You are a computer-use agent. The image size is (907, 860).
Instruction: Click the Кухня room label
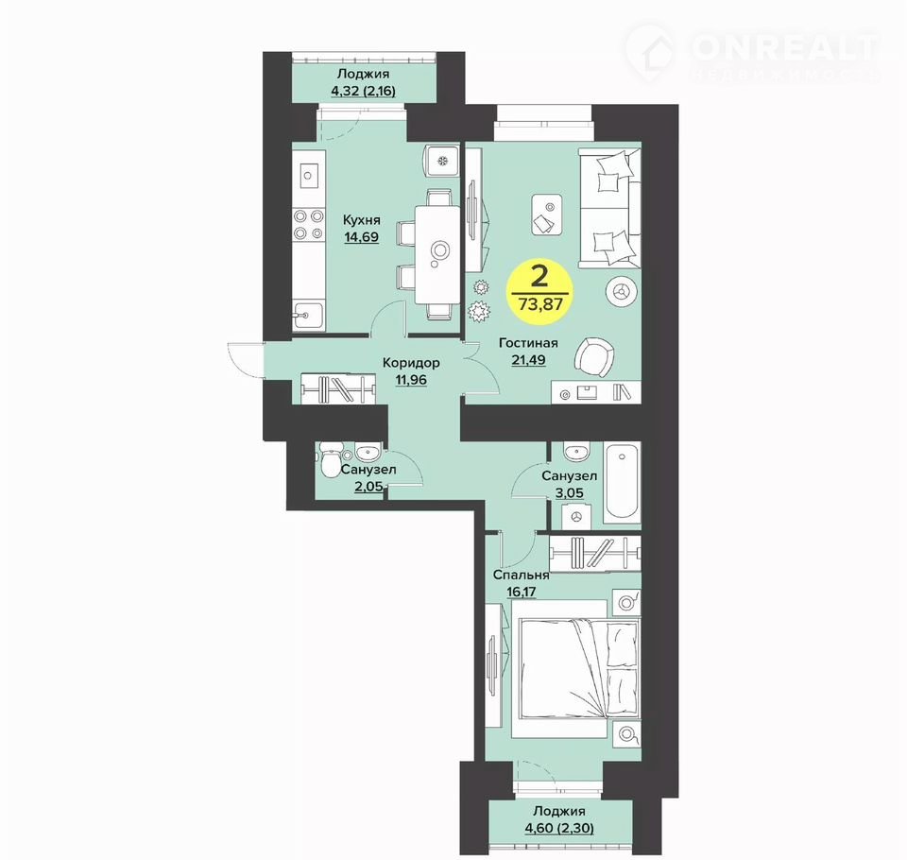coord(362,220)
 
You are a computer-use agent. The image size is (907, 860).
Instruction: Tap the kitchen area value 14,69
coord(362,236)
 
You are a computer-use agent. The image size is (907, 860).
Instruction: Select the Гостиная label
coord(528,343)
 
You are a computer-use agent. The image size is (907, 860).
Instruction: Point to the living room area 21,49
coord(528,359)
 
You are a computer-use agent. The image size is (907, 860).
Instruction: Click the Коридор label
coord(411,363)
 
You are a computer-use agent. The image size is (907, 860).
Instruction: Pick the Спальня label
coord(521,576)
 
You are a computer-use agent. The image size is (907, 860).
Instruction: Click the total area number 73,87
coord(540,303)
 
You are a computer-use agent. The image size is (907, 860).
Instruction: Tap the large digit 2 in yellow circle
coord(539,277)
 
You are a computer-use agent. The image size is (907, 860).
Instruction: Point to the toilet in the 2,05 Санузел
coord(330,459)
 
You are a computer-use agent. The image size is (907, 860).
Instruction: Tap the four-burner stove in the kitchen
coord(308,225)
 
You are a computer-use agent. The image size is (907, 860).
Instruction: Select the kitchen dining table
coord(436,254)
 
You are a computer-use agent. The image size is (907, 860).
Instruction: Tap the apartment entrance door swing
coord(246,360)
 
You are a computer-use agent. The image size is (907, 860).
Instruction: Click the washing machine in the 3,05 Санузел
coord(576,515)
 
